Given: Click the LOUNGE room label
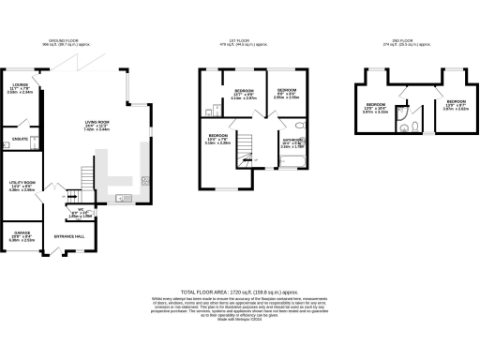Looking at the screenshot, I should (x=20, y=87).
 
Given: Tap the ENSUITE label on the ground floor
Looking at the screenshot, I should (x=18, y=140).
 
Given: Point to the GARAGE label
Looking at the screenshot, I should (x=22, y=234).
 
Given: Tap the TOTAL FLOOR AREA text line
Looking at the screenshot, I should (x=239, y=293).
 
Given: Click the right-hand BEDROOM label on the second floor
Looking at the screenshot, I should (x=456, y=101).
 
